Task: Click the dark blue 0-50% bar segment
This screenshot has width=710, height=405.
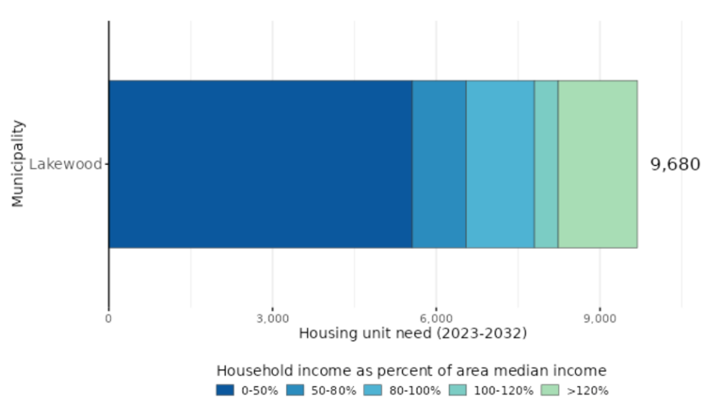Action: (x=260, y=164)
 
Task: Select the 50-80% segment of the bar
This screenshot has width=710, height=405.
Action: (x=439, y=164)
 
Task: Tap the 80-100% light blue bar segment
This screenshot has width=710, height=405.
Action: (x=500, y=164)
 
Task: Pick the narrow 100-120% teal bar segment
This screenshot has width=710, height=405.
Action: (x=546, y=164)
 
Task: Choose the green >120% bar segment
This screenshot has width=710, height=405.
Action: (x=597, y=164)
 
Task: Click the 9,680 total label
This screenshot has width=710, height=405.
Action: (x=675, y=164)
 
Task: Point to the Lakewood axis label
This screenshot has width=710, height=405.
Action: (x=65, y=164)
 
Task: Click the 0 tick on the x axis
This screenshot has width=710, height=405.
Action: (x=109, y=318)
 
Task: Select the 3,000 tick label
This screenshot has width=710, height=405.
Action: (x=273, y=318)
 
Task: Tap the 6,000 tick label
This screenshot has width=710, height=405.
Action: (x=436, y=318)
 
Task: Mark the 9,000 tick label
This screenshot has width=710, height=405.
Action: (x=600, y=318)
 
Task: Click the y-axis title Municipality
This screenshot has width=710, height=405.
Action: (x=18, y=164)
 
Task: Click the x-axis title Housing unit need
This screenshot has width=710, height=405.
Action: (x=413, y=333)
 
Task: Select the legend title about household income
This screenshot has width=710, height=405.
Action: (x=411, y=371)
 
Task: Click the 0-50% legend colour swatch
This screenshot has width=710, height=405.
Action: (x=225, y=390)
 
